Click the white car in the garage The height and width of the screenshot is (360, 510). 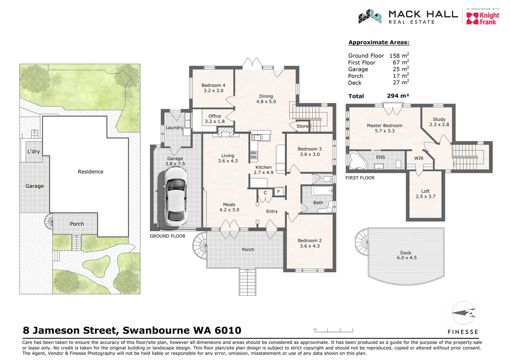[176, 197]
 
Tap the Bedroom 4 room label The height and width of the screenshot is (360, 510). [213, 88]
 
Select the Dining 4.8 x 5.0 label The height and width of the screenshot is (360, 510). [266, 99]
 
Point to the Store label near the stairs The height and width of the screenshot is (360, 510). [302, 126]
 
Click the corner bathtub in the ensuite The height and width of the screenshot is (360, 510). [357, 161]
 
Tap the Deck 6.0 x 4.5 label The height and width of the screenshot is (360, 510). [406, 255]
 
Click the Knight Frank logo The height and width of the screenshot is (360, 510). [483, 18]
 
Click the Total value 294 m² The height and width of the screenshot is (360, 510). [398, 96]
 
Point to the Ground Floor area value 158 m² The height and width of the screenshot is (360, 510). [399, 56]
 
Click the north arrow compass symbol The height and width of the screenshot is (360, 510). [464, 313]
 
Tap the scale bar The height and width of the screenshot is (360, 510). [334, 331]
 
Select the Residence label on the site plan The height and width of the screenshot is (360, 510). [90, 172]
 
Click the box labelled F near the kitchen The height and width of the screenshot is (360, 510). [279, 192]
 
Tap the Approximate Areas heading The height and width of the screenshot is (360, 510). [379, 42]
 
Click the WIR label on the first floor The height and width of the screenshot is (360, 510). [419, 158]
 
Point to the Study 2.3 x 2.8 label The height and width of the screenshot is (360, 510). [439, 122]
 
